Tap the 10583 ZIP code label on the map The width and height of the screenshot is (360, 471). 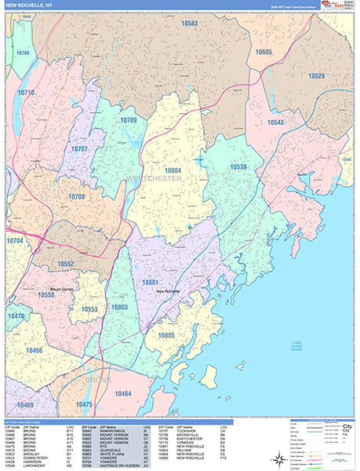(x=190, y=24)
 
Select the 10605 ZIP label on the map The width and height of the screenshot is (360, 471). (x=264, y=52)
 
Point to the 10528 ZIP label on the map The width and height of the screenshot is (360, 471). (x=316, y=76)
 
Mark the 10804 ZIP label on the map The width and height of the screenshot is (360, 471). (x=173, y=170)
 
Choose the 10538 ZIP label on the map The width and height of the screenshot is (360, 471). (x=239, y=166)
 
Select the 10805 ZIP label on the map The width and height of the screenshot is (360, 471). (x=166, y=334)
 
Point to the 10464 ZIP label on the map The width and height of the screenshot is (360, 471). (x=123, y=393)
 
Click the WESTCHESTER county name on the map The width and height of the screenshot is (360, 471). (x=154, y=180)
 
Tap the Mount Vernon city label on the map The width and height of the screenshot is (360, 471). (x=65, y=289)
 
